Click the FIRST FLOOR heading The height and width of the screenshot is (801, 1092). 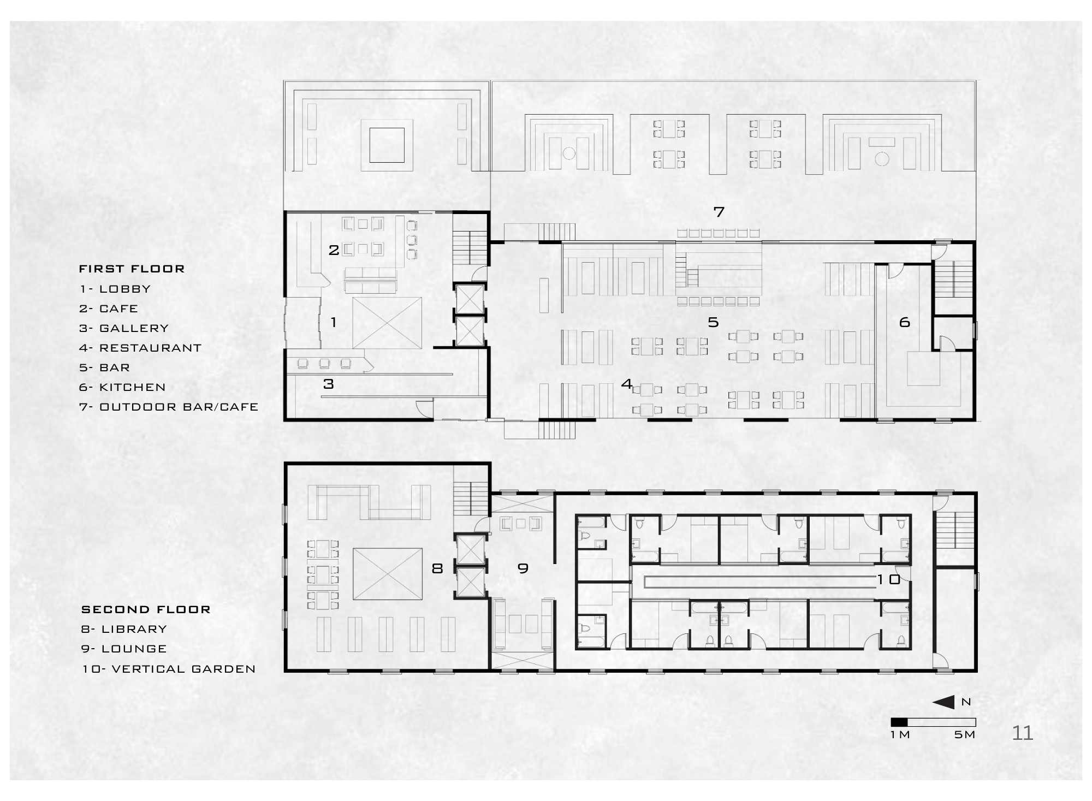click(132, 269)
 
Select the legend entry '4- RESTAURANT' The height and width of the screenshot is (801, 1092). click(140, 348)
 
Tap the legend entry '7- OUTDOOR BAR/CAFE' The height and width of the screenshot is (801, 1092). click(169, 407)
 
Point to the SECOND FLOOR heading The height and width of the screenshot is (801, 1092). click(146, 609)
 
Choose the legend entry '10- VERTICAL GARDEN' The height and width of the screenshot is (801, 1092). click(169, 669)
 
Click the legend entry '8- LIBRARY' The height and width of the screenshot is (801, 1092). click(124, 629)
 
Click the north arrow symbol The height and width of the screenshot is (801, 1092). click(946, 702)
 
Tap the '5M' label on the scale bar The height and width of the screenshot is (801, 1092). click(965, 734)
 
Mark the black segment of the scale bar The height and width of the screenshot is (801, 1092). click(899, 722)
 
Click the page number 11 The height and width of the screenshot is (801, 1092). click(1023, 733)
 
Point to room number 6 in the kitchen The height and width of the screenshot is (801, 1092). click(905, 323)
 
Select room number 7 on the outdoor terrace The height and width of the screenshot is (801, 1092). click(719, 212)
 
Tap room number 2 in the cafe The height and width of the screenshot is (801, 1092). click(334, 250)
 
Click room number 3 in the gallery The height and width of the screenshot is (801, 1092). click(328, 384)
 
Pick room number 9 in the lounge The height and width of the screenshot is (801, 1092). click(523, 568)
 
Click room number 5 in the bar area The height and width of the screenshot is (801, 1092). click(713, 322)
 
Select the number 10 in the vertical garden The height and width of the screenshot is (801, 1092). click(889, 579)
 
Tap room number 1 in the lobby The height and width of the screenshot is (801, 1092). click(334, 322)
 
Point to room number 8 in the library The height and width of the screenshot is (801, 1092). click(437, 568)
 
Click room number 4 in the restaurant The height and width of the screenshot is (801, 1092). click(627, 384)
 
